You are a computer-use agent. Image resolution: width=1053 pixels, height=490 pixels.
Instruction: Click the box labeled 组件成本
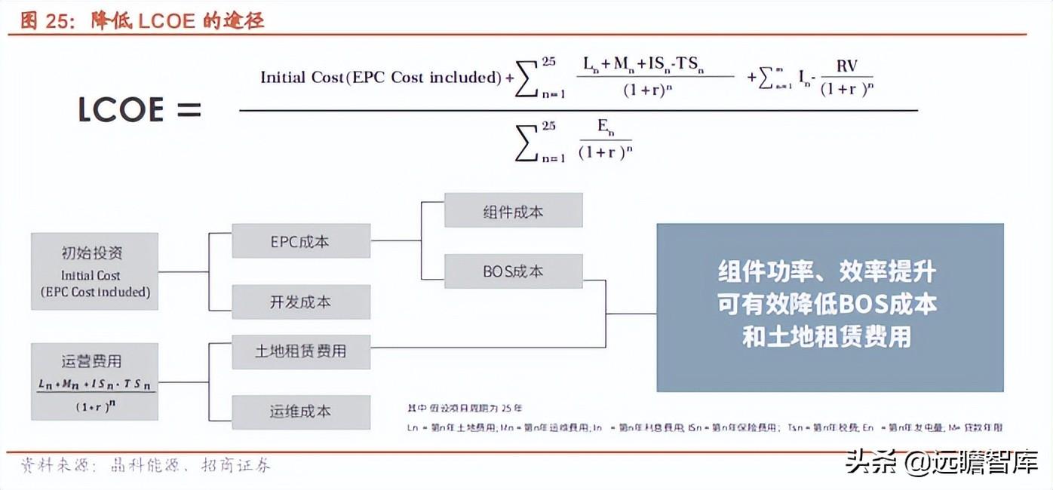pyautogui.click(x=513, y=210)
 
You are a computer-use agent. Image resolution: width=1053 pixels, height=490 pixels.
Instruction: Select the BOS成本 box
pyautogui.click(x=513, y=271)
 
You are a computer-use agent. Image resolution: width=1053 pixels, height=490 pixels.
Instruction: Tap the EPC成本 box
pyautogui.click(x=300, y=241)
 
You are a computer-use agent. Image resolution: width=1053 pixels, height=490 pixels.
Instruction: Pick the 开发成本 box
pyautogui.click(x=300, y=302)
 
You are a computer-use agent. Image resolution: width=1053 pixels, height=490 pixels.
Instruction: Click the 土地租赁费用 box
pyautogui.click(x=300, y=351)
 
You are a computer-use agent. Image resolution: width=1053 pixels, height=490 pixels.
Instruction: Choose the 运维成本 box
pyautogui.click(x=300, y=412)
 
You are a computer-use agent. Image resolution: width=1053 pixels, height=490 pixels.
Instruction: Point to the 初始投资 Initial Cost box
pyautogui.click(x=95, y=271)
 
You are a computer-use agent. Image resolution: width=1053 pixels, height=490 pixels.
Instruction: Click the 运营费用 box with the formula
pyautogui.click(x=95, y=381)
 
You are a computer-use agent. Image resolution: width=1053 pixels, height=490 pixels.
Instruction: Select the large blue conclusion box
pyautogui.click(x=830, y=307)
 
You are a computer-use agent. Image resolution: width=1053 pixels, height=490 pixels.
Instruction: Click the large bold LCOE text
pyautogui.click(x=121, y=110)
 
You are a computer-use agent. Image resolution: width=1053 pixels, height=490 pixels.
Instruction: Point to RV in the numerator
pyautogui.click(x=846, y=66)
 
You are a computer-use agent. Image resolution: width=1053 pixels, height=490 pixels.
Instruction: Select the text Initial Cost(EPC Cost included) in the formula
pyautogui.click(x=381, y=77)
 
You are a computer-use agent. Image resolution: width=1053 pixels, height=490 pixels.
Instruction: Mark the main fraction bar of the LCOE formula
pyautogui.click(x=578, y=111)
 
